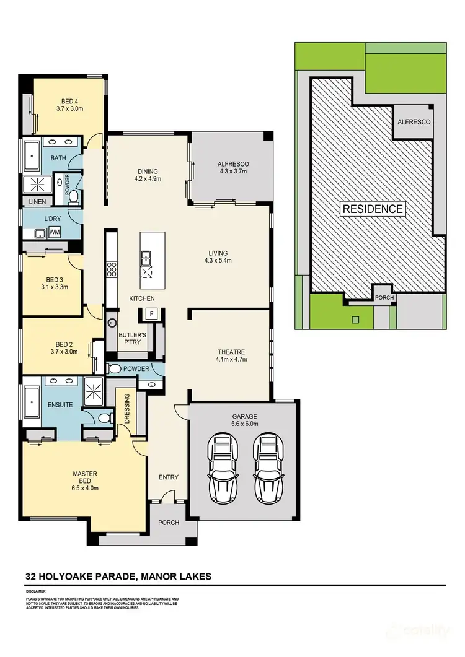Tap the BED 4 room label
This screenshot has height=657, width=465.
point(69,102)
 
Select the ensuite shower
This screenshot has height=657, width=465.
point(95,390)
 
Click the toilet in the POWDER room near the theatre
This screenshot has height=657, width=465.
point(113,369)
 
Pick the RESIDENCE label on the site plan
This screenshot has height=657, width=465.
point(373,209)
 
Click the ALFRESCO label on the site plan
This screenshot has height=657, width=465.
point(414,122)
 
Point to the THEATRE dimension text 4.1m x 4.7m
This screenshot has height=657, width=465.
point(231,359)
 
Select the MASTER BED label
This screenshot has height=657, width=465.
point(86,477)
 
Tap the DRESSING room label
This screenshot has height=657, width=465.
point(127,408)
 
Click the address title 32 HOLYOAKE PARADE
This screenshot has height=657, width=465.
point(81,577)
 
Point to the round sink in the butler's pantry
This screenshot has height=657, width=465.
point(113,323)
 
